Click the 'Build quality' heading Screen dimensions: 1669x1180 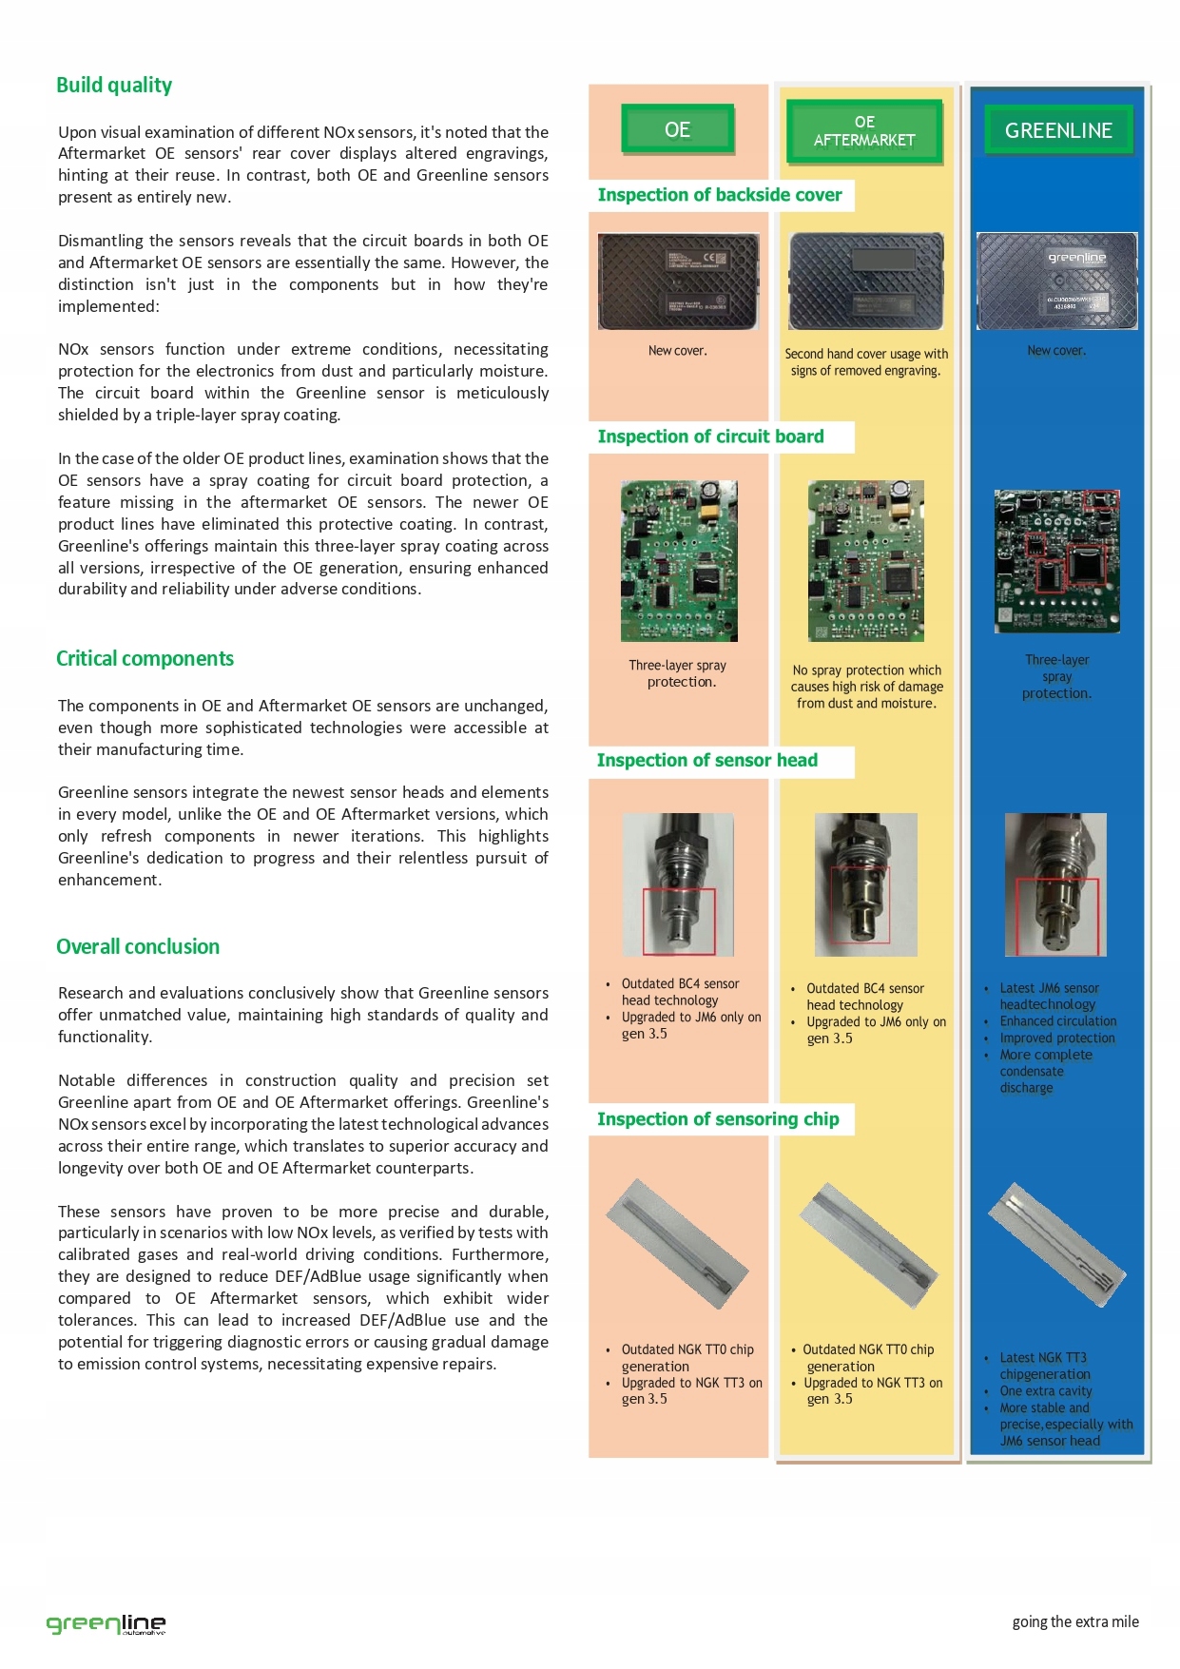click(114, 86)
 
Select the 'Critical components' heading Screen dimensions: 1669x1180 click(145, 659)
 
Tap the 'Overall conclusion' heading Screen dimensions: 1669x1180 click(138, 947)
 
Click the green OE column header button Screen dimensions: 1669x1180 click(677, 129)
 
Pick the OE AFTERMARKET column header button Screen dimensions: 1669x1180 click(864, 131)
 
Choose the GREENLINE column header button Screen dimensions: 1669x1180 click(1058, 130)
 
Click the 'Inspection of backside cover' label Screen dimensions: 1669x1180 click(720, 195)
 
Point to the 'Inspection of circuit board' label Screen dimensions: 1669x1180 click(710, 437)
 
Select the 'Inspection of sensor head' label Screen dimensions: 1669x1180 click(706, 760)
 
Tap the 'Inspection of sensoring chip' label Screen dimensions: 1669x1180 click(718, 1119)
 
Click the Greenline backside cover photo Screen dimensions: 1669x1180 click(1057, 281)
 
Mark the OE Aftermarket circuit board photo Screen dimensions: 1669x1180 click(865, 560)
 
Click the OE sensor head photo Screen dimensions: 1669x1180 click(678, 884)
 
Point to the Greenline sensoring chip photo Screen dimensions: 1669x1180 click(1057, 1248)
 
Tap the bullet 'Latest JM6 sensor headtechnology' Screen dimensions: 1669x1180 click(1049, 997)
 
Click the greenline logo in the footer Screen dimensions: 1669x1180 click(106, 1623)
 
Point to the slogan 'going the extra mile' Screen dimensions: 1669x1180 click(1075, 1622)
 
